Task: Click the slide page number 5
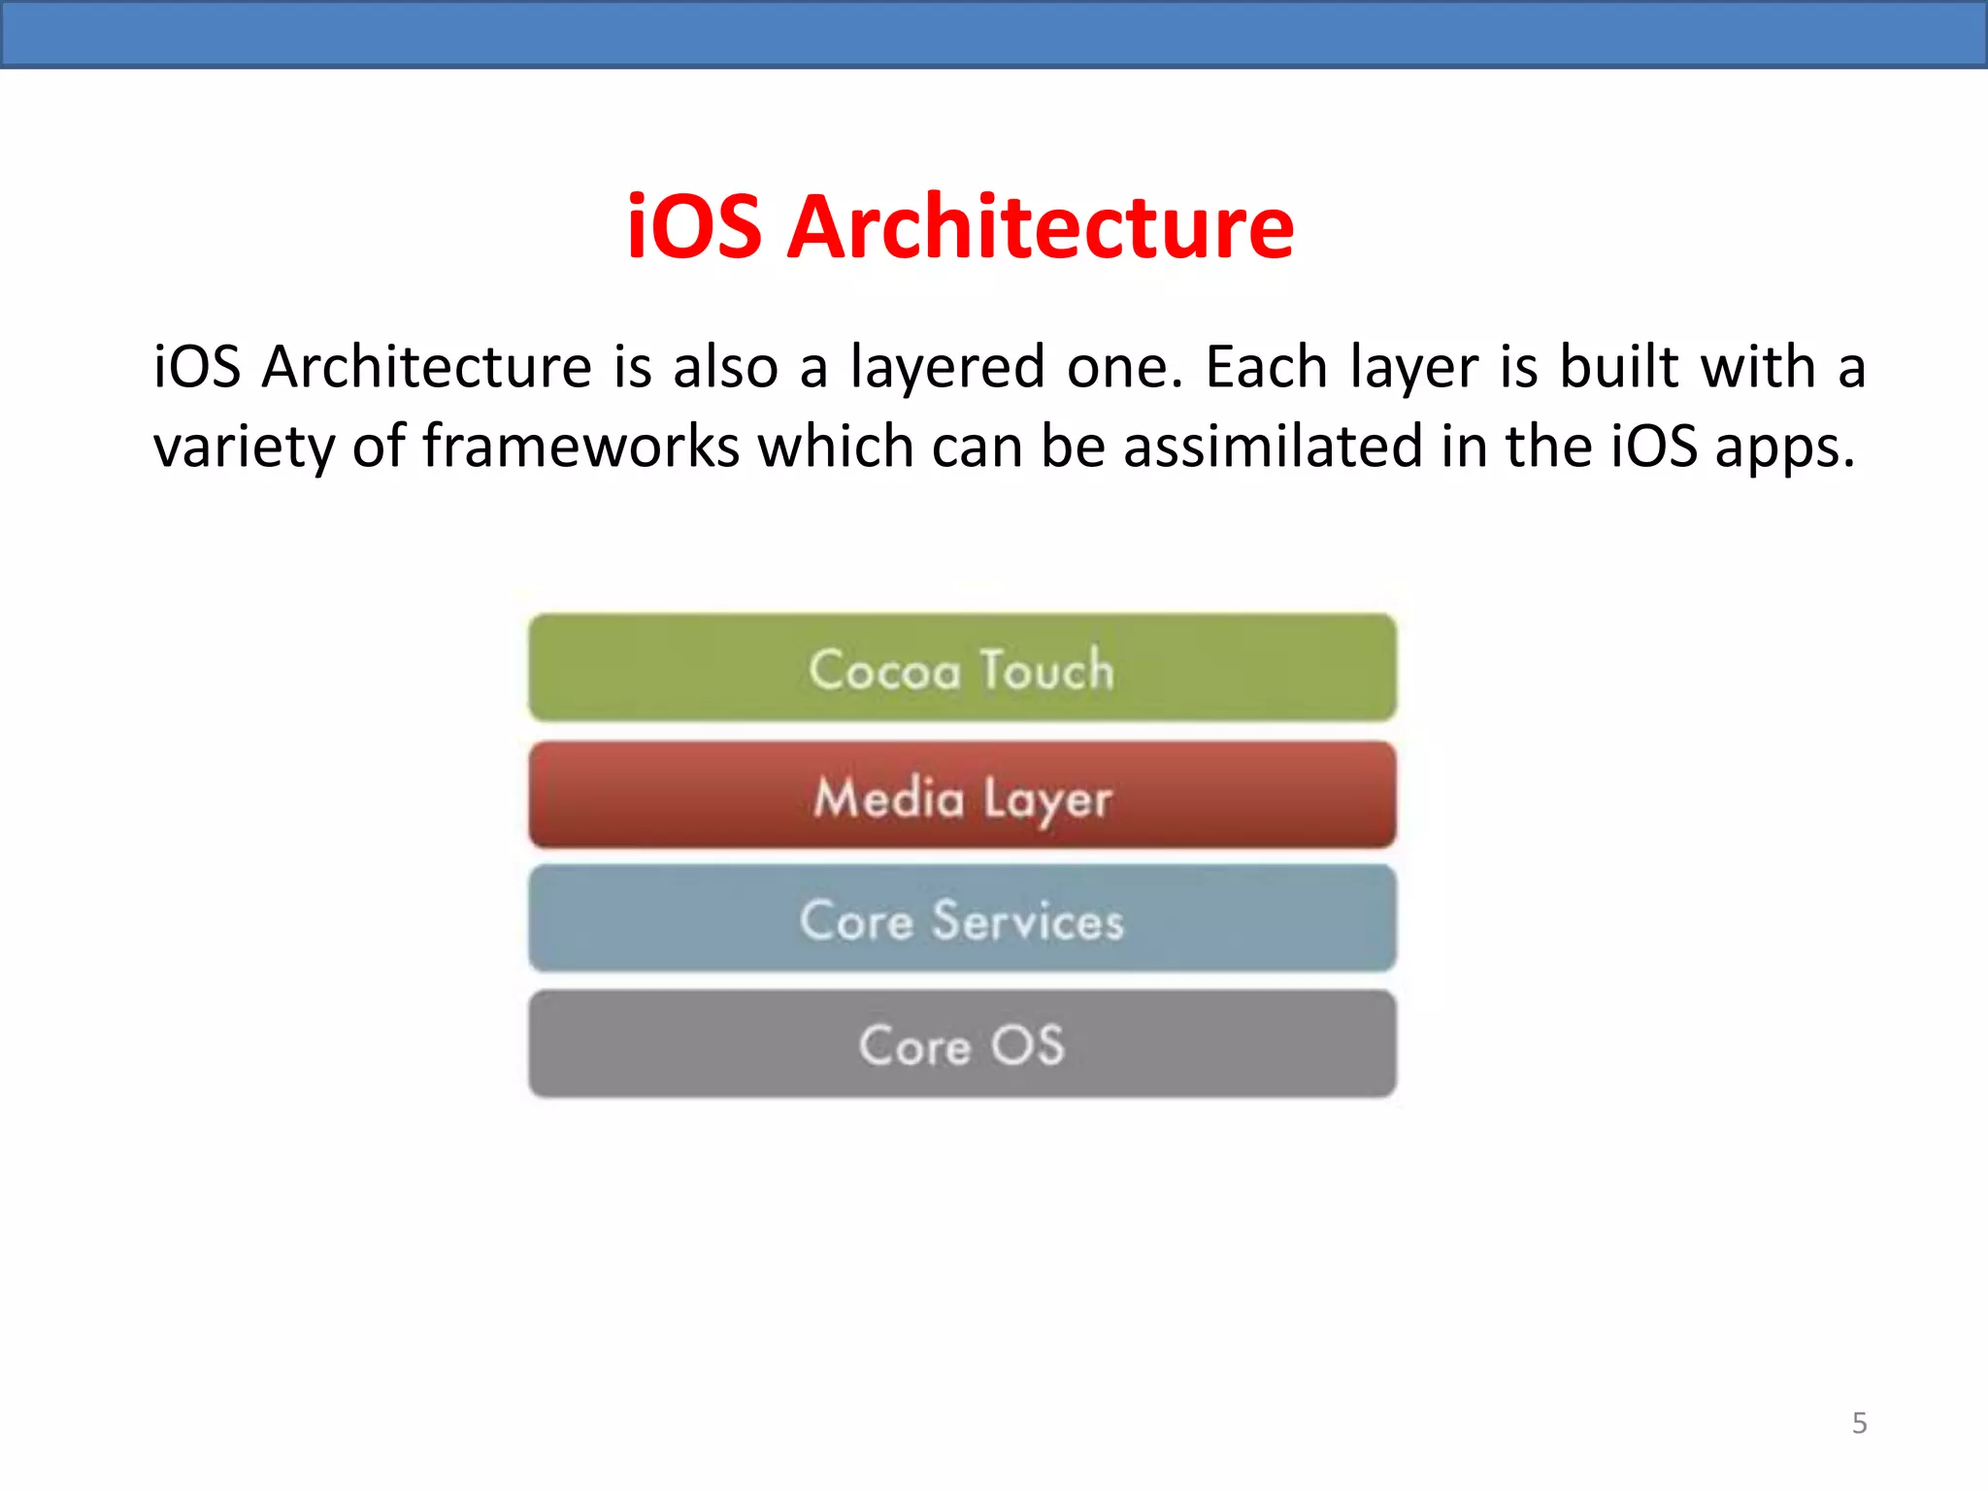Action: point(1859,1423)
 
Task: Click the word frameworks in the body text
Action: point(580,447)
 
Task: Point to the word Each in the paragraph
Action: point(1266,367)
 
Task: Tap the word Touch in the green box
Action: point(1046,670)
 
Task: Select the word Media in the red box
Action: point(888,798)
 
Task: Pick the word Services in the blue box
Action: point(1027,920)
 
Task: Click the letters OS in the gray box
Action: point(1027,1045)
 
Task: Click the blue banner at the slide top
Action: point(994,33)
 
